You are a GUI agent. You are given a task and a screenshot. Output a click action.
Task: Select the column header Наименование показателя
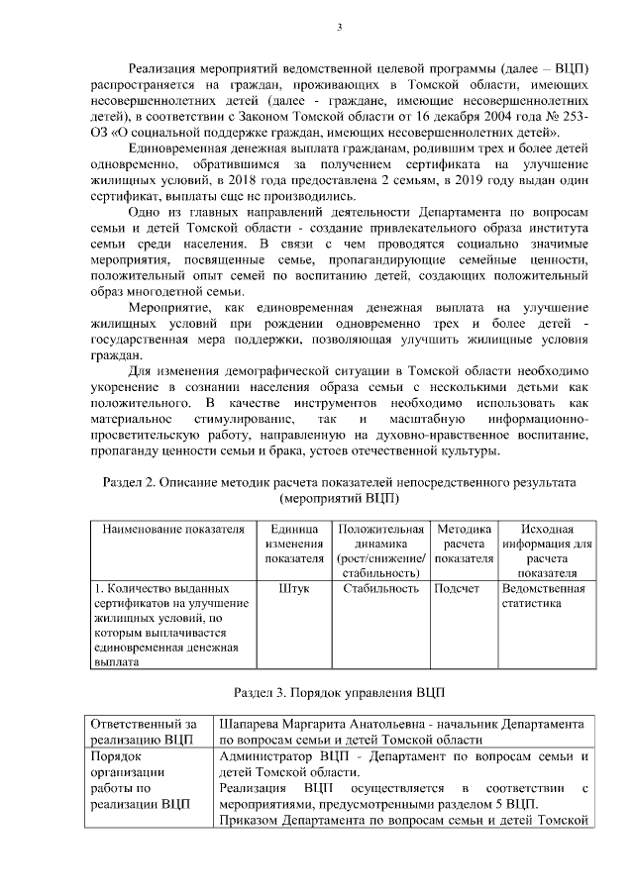[x=172, y=529]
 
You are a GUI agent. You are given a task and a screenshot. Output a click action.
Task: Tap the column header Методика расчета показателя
[x=464, y=544]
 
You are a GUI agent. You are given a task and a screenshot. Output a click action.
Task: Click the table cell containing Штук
[x=294, y=587]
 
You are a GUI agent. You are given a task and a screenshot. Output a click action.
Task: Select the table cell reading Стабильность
[x=381, y=587]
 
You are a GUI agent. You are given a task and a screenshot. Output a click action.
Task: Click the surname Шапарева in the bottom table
[x=253, y=723]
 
